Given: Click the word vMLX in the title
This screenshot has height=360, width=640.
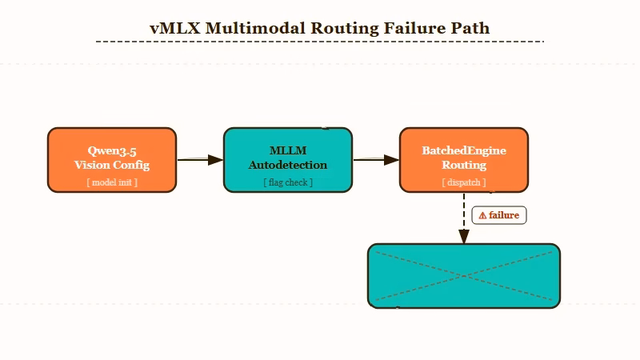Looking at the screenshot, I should (x=175, y=28).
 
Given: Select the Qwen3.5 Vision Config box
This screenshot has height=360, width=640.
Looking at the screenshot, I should (x=112, y=160).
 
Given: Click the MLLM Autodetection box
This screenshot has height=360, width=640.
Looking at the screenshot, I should (x=288, y=160).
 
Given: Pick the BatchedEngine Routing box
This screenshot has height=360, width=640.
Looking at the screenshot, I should (x=464, y=160).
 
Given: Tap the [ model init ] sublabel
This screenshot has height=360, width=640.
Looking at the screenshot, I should (x=112, y=182).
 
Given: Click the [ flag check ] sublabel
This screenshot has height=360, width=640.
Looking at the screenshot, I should (x=288, y=182).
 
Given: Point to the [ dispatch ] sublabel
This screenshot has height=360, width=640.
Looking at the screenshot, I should (x=464, y=182).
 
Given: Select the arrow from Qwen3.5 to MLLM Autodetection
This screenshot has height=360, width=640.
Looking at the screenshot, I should (x=200, y=160).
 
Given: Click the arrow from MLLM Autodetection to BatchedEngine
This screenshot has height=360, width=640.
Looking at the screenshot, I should (x=376, y=160).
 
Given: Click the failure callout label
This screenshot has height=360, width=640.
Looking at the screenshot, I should (x=499, y=215).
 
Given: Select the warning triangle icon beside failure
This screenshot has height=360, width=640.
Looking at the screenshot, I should (x=482, y=215).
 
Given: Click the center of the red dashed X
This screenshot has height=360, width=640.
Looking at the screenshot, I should (x=464, y=276).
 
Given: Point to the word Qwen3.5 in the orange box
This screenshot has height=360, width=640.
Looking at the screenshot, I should (x=112, y=151).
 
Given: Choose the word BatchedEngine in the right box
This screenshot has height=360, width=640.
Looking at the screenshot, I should (x=464, y=151).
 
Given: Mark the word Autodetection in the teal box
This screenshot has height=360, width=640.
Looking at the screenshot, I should (x=288, y=166).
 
